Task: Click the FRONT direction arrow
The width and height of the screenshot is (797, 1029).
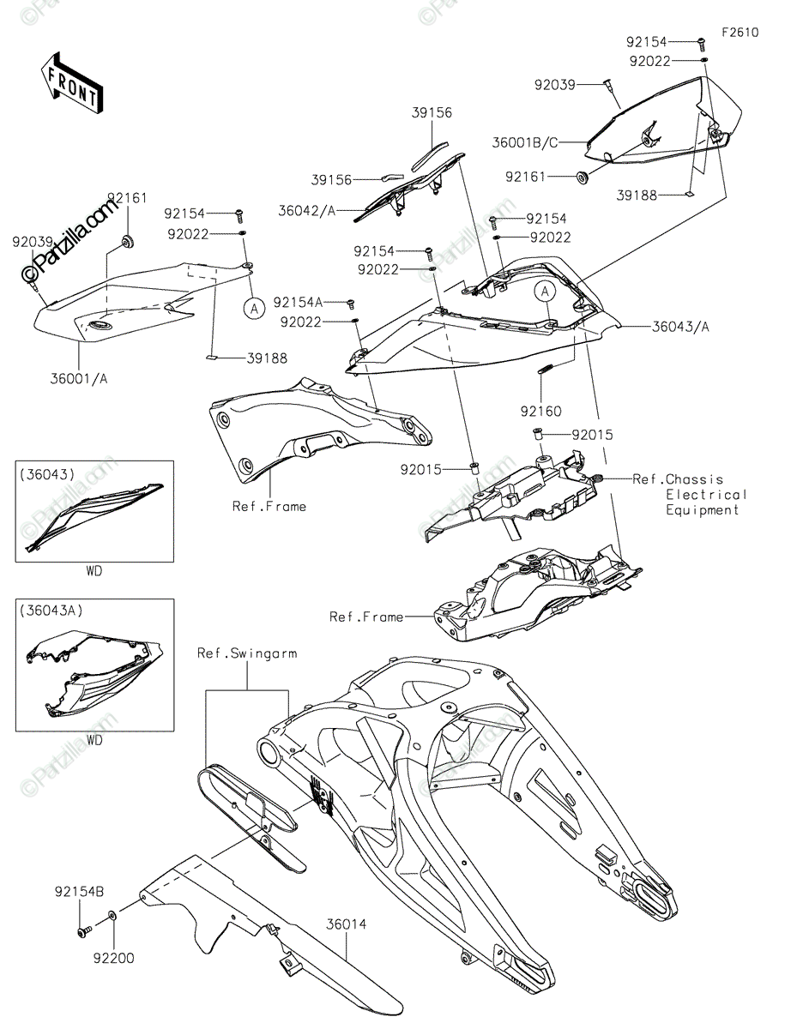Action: (x=71, y=82)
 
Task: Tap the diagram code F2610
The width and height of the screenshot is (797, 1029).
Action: (x=740, y=33)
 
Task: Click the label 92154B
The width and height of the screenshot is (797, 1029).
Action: (x=79, y=892)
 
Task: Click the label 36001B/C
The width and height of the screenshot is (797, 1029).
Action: (x=525, y=142)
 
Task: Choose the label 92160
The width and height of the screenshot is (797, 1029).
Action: (x=540, y=411)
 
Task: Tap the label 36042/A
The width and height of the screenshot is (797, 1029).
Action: (x=306, y=210)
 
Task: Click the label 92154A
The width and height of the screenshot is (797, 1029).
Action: (x=298, y=302)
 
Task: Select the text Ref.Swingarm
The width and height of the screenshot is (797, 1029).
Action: (x=247, y=653)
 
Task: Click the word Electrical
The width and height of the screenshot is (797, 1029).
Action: (x=706, y=495)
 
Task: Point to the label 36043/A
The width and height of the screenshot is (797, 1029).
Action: (x=680, y=326)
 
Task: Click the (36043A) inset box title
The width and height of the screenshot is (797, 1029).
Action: (x=51, y=611)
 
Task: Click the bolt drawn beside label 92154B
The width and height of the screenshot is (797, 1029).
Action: (x=84, y=931)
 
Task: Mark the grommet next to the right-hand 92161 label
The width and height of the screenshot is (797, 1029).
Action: (x=582, y=178)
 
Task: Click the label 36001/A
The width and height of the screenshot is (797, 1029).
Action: (x=79, y=378)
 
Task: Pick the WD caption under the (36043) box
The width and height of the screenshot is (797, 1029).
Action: (x=94, y=570)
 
